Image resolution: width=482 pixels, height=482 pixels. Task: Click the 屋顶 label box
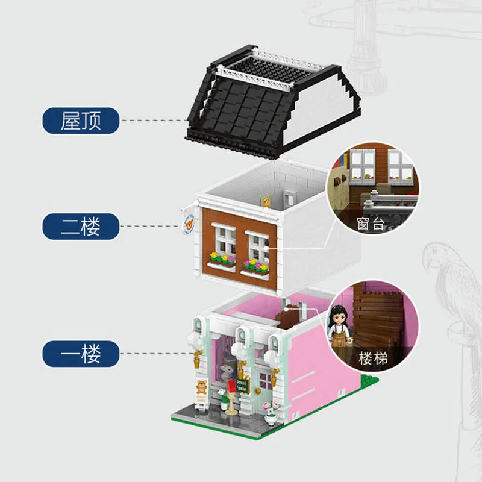pos(80,120)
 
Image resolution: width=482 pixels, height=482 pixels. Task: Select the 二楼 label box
pos(80,227)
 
